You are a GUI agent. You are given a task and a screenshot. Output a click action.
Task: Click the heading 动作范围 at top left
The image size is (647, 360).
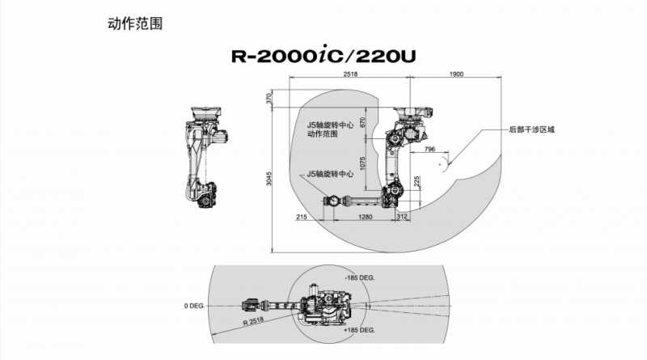tap(135, 24)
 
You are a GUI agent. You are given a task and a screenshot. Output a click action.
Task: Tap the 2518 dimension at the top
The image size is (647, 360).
tap(351, 74)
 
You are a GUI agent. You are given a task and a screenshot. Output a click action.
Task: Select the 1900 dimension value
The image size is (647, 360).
tap(455, 74)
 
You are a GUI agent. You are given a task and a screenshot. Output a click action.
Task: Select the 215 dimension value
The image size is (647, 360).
tap(302, 217)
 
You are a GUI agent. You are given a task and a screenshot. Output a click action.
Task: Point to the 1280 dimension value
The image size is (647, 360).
tap(365, 217)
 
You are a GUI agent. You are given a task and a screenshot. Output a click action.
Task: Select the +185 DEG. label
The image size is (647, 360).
tap(357, 331)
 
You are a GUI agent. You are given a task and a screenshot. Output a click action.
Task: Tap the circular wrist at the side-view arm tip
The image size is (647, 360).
tap(330, 201)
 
